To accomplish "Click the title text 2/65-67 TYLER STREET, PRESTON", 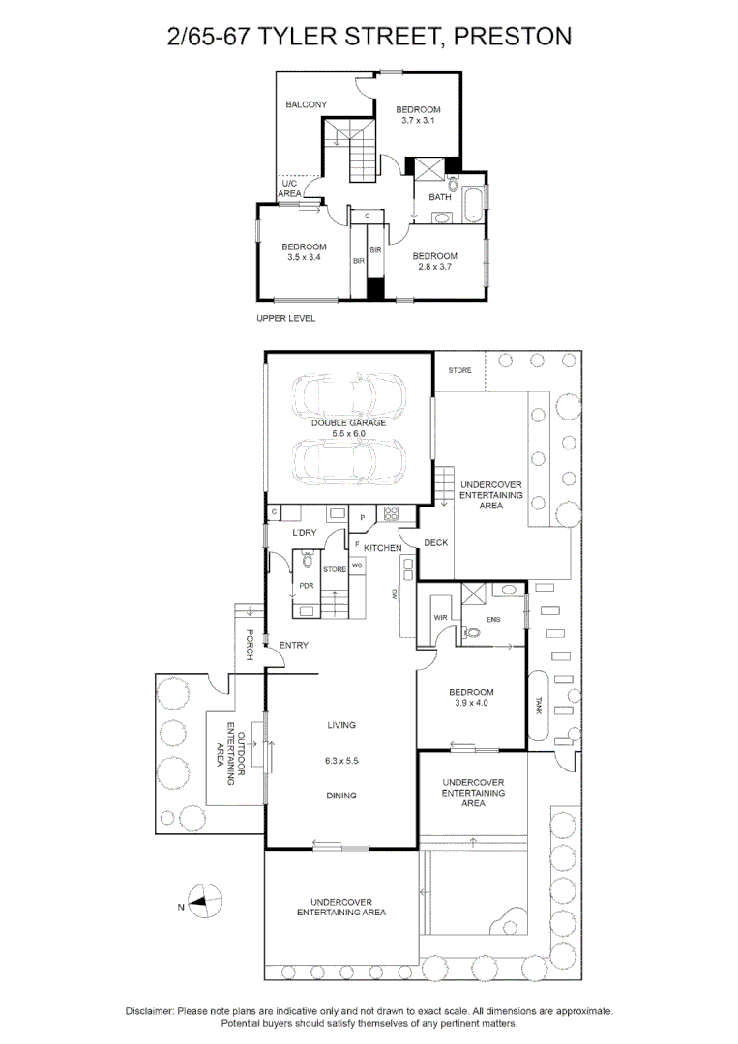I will click(x=369, y=38).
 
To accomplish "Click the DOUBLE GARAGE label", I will click(x=348, y=423).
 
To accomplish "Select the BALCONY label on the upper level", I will click(x=306, y=104).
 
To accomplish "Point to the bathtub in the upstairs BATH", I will click(x=474, y=204).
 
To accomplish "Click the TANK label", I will click(x=539, y=706).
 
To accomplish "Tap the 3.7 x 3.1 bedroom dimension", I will click(x=419, y=121).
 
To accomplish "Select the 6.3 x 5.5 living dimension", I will click(x=341, y=761).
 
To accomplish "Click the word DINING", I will click(x=341, y=796).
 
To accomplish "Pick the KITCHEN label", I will click(x=382, y=548).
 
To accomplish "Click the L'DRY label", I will click(x=304, y=533).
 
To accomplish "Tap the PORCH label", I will click(x=249, y=645).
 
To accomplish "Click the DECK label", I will click(x=435, y=543).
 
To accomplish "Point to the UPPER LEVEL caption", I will click(x=285, y=318).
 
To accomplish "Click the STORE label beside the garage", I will click(x=459, y=369).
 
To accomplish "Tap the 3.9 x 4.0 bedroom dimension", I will click(x=471, y=704).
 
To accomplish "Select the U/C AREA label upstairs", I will click(x=289, y=188).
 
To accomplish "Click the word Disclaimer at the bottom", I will click(x=149, y=1011).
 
